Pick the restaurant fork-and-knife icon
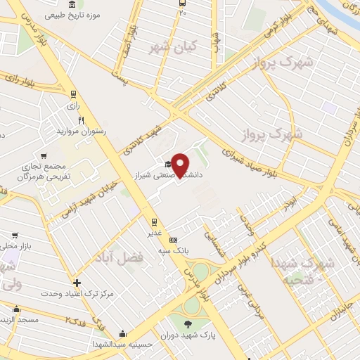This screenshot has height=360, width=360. pyautogui.click(x=81, y=120)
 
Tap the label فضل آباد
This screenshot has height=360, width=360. pyautogui.click(x=124, y=258)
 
